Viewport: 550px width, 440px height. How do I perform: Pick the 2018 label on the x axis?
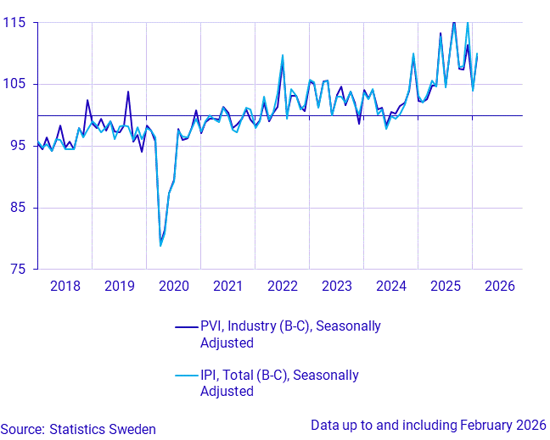[x=65, y=286]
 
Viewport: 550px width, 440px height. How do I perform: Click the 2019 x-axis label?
[x=119, y=286]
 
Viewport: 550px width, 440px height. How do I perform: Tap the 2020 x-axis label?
[x=173, y=286]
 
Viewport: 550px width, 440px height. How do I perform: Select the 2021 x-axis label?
[x=227, y=286]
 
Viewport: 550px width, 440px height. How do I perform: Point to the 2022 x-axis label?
[x=282, y=286]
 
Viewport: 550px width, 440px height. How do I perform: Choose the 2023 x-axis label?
[x=336, y=286]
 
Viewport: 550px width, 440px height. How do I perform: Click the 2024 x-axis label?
[x=390, y=286]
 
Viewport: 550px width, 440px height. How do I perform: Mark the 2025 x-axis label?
[x=445, y=286]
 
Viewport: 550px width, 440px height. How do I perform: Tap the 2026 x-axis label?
[x=499, y=286]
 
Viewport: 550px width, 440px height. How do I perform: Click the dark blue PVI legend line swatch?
[x=186, y=326]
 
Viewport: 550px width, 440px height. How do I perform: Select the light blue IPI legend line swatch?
[x=186, y=376]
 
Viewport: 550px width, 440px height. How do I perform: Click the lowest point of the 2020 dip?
[x=160, y=246]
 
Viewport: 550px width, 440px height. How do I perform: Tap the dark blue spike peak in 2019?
[x=128, y=92]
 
